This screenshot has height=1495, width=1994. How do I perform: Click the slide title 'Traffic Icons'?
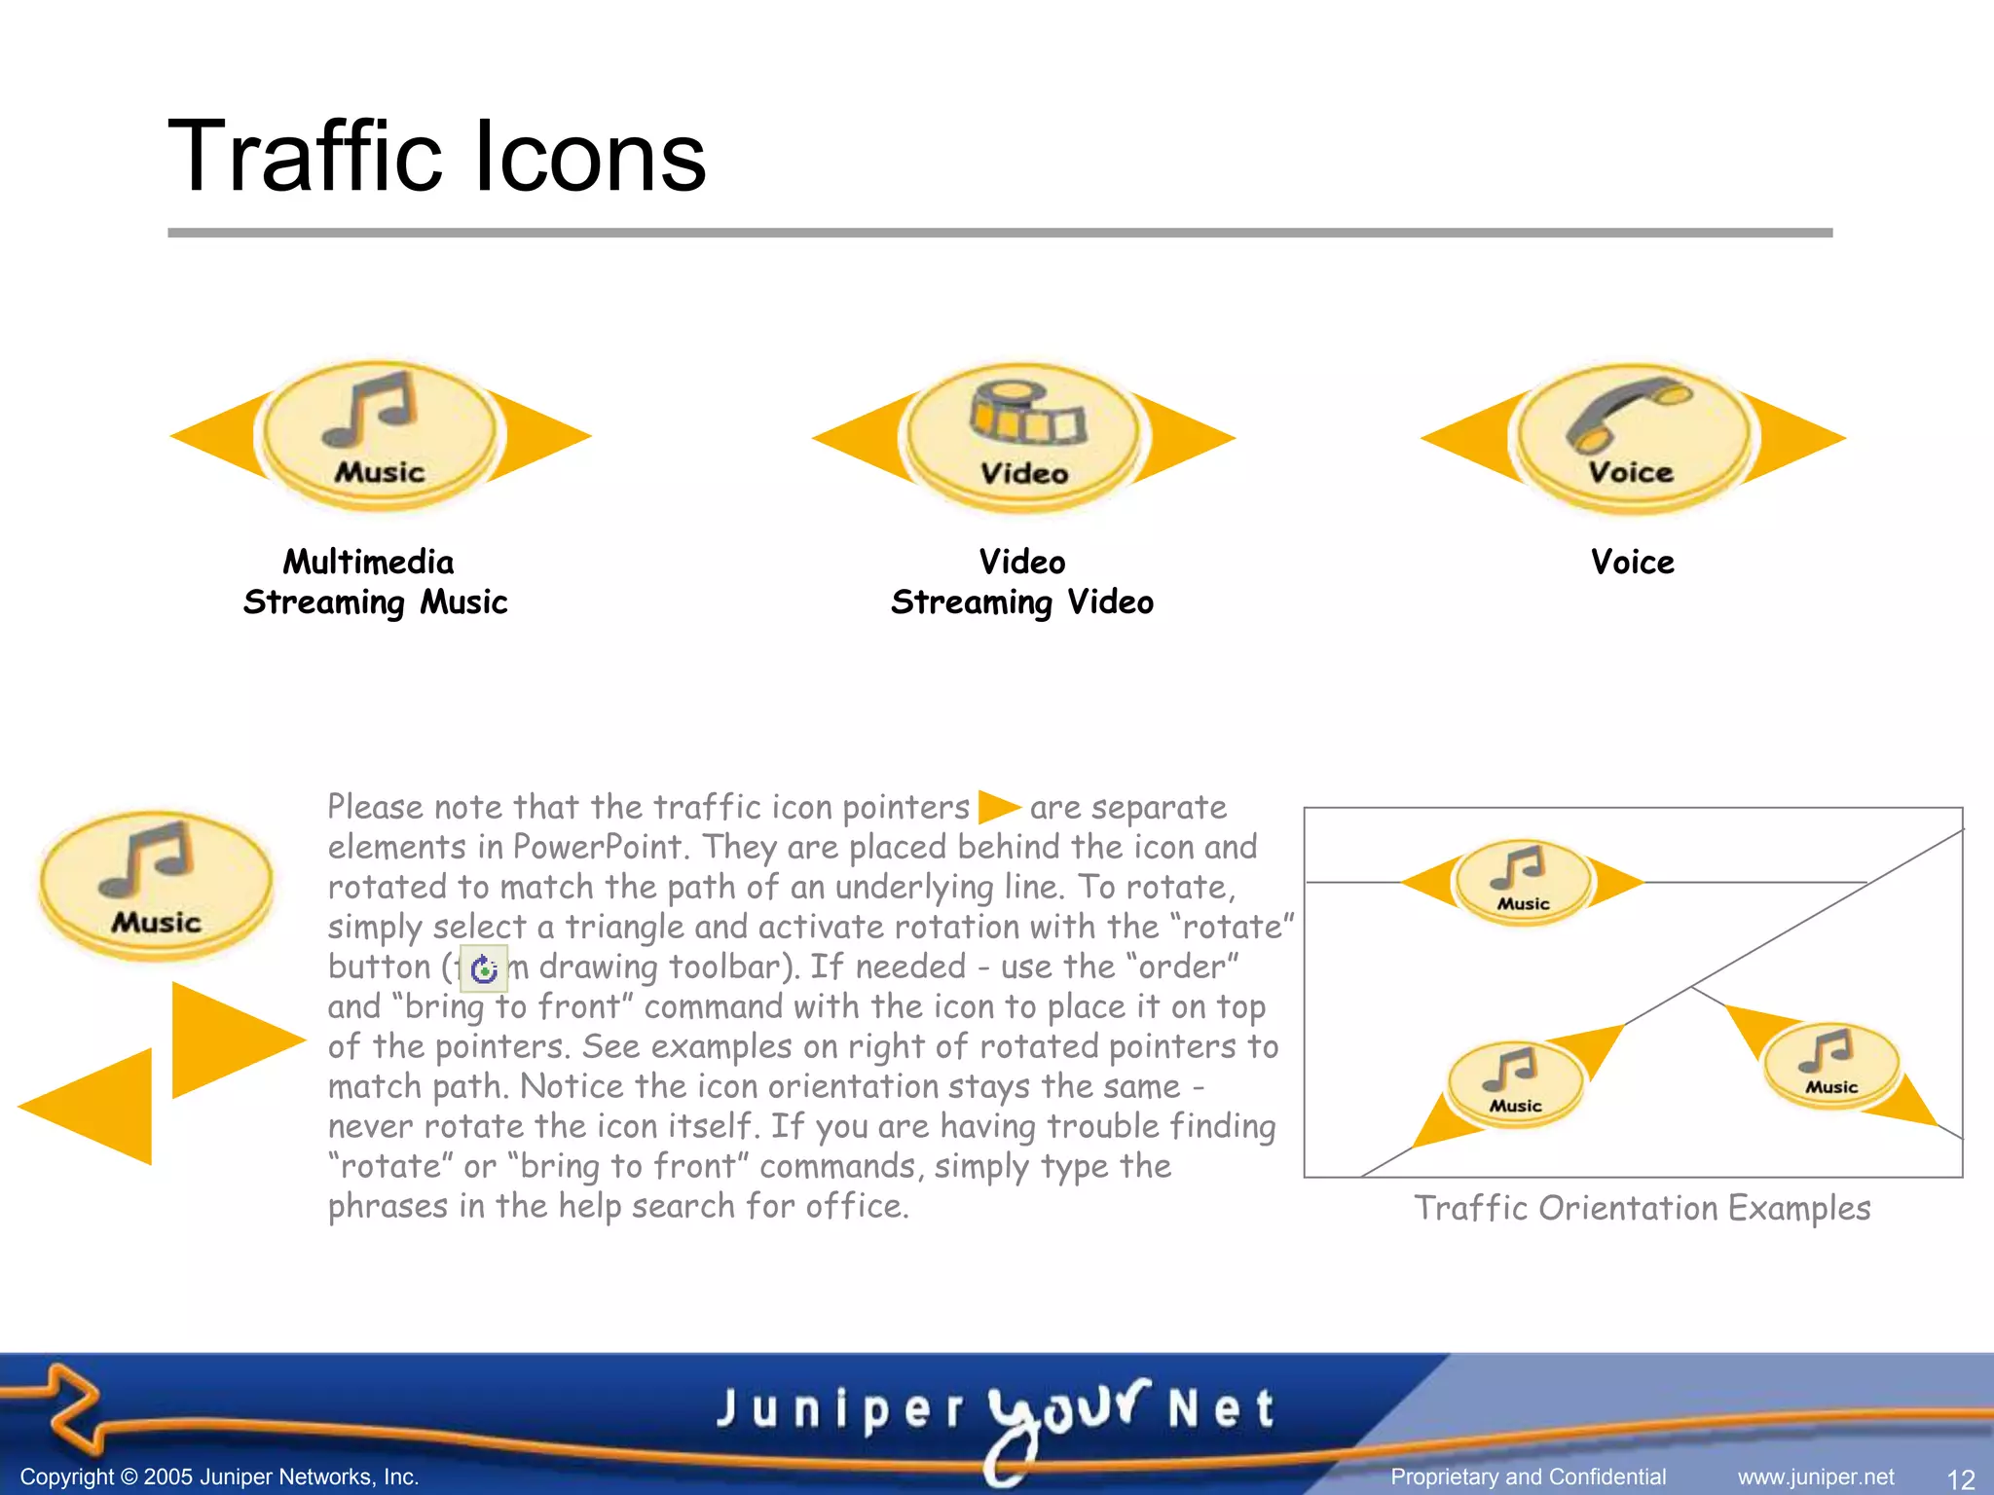coord(437,157)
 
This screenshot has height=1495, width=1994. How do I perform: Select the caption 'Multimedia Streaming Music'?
coord(375,582)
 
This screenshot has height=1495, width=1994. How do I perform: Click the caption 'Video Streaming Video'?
coord(1022,582)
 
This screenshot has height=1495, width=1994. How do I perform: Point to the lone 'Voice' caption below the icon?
coord(1633,563)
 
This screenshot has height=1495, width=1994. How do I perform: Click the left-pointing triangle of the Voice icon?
coord(1465,439)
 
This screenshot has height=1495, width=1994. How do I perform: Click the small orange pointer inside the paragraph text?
coord(998,807)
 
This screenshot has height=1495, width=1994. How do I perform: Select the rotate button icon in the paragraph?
coord(483,968)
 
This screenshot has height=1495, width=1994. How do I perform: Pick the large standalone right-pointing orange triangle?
coord(229,1039)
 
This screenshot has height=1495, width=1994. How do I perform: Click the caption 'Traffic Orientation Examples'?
coord(1643,1209)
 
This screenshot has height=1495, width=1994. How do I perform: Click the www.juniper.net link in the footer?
coord(1816,1477)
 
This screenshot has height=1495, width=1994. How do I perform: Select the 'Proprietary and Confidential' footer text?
coord(1529,1477)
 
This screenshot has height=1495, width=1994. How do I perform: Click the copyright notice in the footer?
coord(219,1477)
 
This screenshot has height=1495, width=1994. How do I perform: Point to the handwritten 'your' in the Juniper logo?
coord(1066,1411)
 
